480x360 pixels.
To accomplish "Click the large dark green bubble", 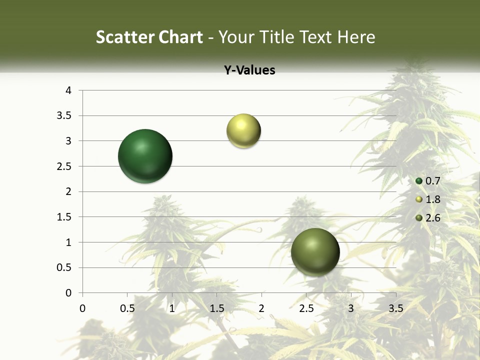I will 145,156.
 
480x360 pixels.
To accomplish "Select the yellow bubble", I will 243,131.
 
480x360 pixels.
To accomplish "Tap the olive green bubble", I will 315,252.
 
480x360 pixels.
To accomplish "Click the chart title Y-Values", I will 249,70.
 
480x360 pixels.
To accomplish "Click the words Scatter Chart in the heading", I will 149,37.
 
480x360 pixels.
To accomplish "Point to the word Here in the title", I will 355,37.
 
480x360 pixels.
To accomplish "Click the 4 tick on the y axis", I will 69,90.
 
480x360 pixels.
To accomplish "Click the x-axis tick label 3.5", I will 395,308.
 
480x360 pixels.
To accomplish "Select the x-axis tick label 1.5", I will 216,308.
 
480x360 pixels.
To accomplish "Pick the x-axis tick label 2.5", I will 306,308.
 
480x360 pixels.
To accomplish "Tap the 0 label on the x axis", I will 82,308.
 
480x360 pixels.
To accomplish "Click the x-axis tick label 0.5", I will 127,308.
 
